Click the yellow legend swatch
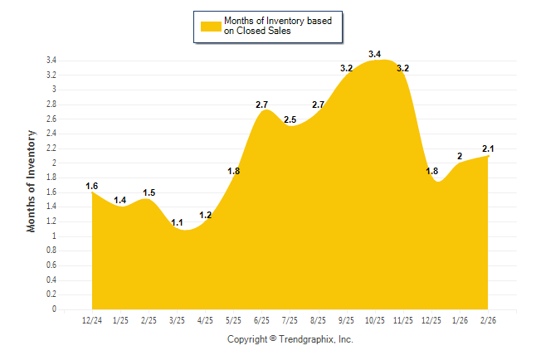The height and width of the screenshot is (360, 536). pos(210,26)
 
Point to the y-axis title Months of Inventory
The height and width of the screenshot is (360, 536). pos(32,181)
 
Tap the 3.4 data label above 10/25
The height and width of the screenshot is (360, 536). pos(374,54)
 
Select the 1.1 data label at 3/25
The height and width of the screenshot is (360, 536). pos(177,223)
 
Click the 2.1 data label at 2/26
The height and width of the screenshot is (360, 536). pos(489,148)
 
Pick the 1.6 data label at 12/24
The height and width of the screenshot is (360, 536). pos(92,186)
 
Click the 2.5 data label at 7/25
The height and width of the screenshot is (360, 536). pos(290,119)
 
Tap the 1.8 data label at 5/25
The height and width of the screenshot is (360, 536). pos(233,171)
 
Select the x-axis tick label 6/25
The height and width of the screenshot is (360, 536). pos(261,320)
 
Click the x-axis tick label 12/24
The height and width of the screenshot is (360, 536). pos(92,320)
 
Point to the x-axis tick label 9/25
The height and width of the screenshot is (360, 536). pos(346,320)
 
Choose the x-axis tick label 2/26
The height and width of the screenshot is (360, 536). pos(489,320)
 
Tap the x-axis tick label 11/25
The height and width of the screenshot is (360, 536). pos(403,320)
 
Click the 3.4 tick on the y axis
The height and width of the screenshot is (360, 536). pos(51,61)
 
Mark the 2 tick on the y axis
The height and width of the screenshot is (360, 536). pos(54,163)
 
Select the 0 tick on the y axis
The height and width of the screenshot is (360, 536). pos(54,309)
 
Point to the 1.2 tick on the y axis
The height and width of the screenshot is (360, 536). pos(51,221)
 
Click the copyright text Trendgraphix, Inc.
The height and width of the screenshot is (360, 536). pos(290,339)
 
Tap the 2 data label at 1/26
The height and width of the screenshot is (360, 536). pos(460,156)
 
